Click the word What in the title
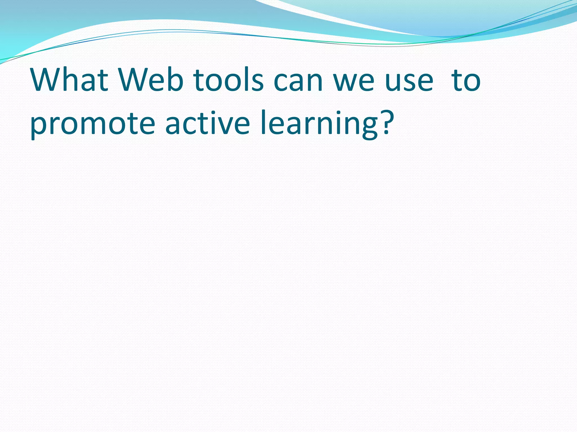click(69, 80)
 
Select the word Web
click(151, 80)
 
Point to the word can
click(298, 82)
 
